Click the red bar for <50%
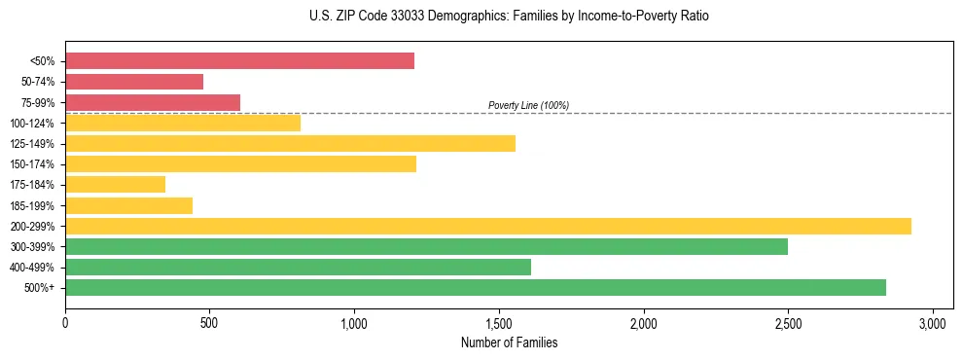(239, 61)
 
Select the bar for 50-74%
(134, 82)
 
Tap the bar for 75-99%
(153, 102)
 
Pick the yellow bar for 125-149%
(290, 143)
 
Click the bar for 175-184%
(115, 184)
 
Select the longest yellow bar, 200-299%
(487, 226)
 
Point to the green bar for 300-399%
(426, 246)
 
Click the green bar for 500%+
(475, 287)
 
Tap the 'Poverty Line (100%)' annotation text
(528, 105)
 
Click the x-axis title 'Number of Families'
(509, 342)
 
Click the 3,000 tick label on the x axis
(933, 321)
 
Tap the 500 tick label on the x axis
(209, 321)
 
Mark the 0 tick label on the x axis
(65, 321)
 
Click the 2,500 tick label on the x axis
(788, 321)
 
